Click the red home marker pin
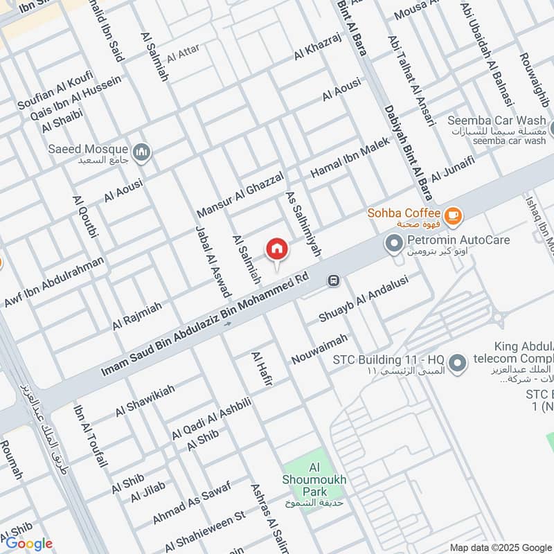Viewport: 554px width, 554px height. click(x=277, y=249)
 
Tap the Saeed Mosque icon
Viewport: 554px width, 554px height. click(x=142, y=152)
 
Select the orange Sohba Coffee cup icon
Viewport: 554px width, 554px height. click(x=453, y=216)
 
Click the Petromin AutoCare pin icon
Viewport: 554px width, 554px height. click(x=394, y=244)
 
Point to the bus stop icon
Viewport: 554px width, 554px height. click(x=334, y=280)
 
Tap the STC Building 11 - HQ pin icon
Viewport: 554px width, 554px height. click(x=456, y=362)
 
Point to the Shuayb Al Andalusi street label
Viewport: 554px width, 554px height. click(x=364, y=298)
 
